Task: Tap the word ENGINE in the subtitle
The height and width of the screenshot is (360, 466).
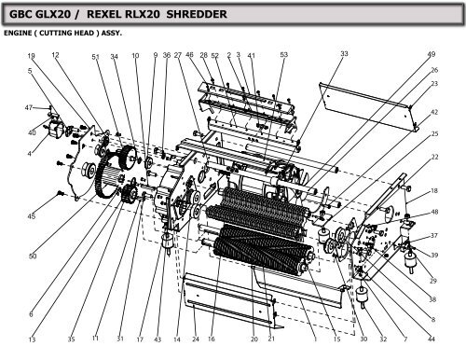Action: pos(21,33)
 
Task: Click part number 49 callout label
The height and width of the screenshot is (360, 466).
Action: pos(431,55)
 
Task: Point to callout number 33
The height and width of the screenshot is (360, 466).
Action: pos(344,55)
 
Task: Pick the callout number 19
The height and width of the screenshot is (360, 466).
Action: pos(31,56)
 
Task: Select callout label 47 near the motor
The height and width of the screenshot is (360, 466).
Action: pos(29,107)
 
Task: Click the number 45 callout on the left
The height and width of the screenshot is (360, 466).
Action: pos(32,216)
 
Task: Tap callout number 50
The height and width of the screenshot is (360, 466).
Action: pos(33,256)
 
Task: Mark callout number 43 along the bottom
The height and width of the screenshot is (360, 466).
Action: pos(158,339)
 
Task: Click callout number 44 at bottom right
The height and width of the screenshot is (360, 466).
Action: pos(431,339)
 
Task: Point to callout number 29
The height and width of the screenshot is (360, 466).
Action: pos(432,281)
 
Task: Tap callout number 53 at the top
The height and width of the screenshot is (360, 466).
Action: pos(283,56)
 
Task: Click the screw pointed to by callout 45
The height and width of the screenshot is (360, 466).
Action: pos(61,194)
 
